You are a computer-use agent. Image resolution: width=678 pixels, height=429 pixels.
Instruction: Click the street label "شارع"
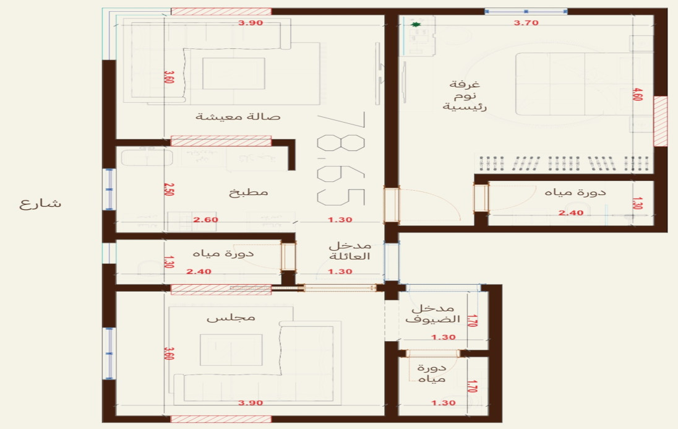pos(40,204)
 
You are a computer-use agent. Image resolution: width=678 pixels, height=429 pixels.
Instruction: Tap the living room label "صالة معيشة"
pos(238,116)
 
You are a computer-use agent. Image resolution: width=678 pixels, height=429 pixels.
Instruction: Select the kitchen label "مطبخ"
pos(249,192)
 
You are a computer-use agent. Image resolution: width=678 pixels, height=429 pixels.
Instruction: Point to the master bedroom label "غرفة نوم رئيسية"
pos(465,95)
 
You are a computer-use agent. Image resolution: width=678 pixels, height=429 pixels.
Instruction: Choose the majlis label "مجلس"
pos(231,318)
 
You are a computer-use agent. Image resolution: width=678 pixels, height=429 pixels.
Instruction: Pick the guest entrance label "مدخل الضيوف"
pos(433,314)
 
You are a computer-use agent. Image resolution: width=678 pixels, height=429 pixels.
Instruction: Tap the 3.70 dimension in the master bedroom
pos(526,22)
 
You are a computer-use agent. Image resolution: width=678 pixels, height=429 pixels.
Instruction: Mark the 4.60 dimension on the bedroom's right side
pos(637,94)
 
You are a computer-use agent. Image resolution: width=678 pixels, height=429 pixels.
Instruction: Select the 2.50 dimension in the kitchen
pos(169,189)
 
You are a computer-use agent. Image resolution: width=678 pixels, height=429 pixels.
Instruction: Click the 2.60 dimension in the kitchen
pos(206,220)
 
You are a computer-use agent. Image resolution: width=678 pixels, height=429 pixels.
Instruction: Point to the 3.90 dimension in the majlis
pos(251,402)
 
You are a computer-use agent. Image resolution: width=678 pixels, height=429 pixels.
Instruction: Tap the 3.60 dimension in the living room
pos(169,77)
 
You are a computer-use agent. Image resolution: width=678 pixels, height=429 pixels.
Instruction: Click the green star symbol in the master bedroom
pos(416,25)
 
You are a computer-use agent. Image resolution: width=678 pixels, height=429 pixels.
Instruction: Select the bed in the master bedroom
pos(584,84)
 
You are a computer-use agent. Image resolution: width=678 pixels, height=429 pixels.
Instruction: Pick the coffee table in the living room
pos(234,74)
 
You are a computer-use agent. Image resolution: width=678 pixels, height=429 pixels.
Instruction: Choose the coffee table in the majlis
pos(231,350)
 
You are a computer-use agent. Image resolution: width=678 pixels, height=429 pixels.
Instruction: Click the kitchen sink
pos(147,158)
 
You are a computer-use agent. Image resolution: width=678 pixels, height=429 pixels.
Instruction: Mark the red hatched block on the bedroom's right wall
pos(660,121)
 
